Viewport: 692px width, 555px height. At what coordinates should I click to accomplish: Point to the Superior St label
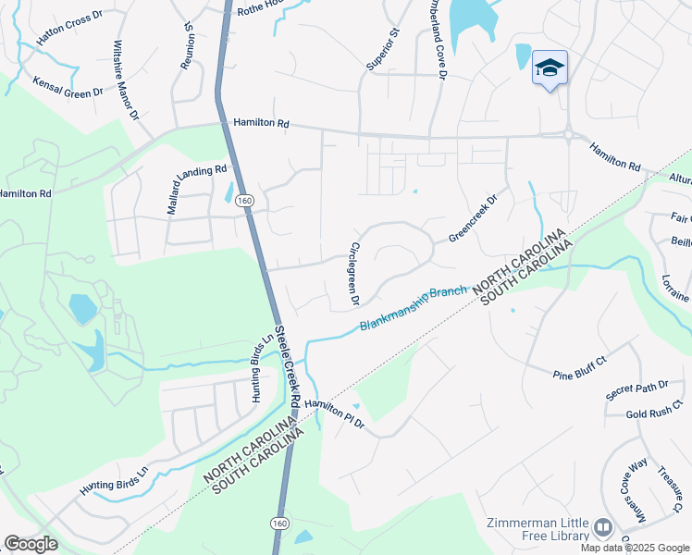tap(381, 50)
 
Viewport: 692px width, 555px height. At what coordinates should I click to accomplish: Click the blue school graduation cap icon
tap(550, 68)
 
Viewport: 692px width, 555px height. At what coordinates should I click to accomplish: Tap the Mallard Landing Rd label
tap(197, 190)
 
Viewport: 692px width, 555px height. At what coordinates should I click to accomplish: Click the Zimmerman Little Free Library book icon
tap(603, 527)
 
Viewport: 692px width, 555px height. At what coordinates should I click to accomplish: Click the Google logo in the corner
tap(31, 544)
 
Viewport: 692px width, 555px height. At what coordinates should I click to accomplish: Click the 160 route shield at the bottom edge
tap(279, 524)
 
